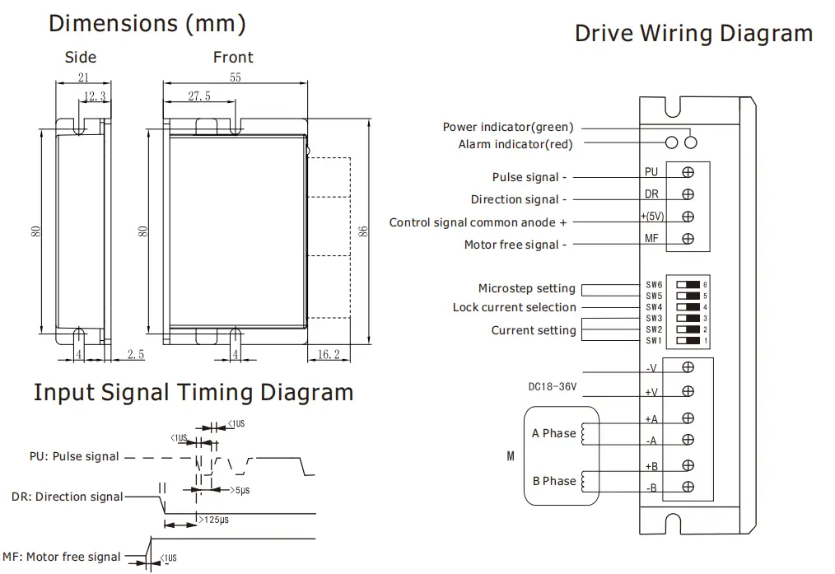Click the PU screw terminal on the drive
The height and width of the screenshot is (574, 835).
(x=688, y=172)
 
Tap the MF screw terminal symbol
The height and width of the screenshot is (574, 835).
(x=688, y=240)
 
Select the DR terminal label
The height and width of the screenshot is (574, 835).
(x=651, y=195)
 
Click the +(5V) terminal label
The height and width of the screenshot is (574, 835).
(x=652, y=217)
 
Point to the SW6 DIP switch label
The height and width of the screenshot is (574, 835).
(x=654, y=284)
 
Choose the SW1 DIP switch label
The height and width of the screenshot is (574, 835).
(x=654, y=340)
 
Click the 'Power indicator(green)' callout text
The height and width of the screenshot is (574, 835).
(x=508, y=127)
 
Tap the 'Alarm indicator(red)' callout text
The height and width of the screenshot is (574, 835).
(x=515, y=144)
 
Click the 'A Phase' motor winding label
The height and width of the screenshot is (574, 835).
(x=554, y=433)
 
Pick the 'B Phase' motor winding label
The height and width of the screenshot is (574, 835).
(x=554, y=481)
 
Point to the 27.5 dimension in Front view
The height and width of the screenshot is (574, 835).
(x=199, y=96)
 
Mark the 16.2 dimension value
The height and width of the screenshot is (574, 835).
(x=327, y=354)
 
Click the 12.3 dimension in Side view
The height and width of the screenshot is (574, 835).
(x=95, y=96)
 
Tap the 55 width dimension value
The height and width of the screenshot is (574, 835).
(x=236, y=77)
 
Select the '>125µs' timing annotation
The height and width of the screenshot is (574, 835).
(x=212, y=521)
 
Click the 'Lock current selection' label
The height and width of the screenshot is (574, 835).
(x=515, y=307)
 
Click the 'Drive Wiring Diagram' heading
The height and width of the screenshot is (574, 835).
(x=693, y=34)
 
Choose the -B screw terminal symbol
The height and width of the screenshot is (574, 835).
(x=688, y=488)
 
